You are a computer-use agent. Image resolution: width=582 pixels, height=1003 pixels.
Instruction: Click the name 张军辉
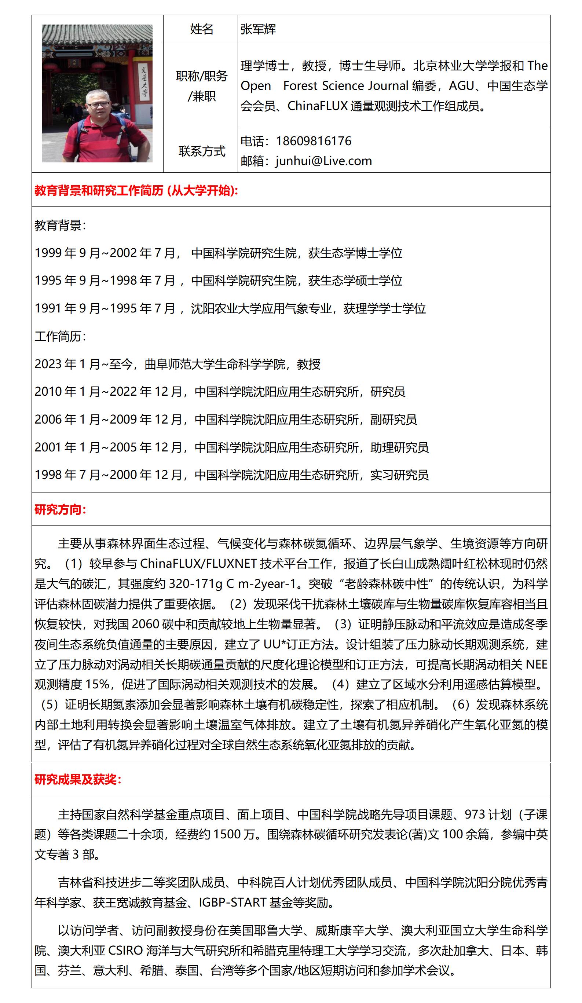[x=258, y=29]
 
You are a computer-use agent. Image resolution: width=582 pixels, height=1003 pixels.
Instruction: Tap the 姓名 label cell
[x=201, y=29]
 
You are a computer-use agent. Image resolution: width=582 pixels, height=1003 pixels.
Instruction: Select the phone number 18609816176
[x=313, y=141]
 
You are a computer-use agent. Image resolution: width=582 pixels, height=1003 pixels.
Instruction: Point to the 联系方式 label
[x=201, y=151]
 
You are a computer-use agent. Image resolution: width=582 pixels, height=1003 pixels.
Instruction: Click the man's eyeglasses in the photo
[x=98, y=104]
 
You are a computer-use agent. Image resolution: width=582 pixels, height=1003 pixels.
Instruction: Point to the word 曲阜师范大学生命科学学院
[x=215, y=364]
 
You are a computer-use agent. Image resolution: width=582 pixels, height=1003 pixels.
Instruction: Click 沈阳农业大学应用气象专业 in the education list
[x=261, y=308]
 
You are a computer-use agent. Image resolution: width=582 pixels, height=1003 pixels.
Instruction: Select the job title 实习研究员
[x=399, y=475]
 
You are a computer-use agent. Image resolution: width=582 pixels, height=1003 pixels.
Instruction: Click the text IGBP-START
[x=232, y=902]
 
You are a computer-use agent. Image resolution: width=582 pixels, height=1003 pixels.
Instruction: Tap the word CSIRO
[x=125, y=951]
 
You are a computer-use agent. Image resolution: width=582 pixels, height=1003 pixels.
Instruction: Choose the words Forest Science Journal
[x=345, y=85]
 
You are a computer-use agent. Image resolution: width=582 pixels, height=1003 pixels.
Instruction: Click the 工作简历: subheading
[x=60, y=336]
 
